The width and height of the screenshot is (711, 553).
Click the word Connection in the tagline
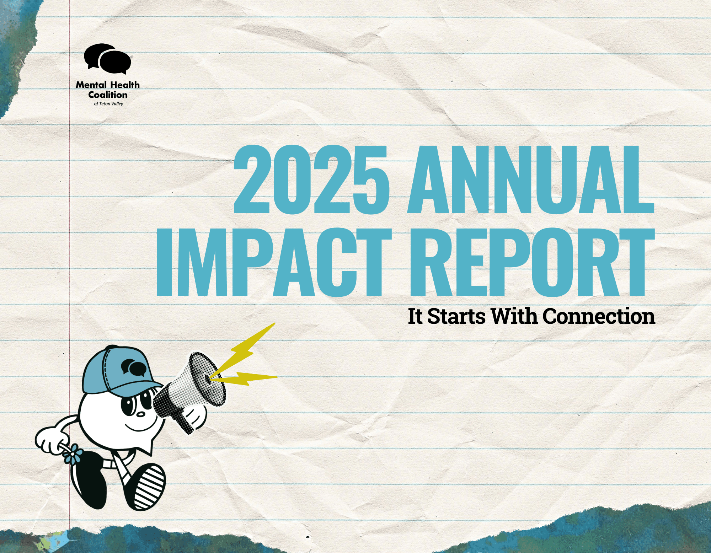tap(599, 316)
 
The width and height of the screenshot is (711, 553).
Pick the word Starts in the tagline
tap(456, 316)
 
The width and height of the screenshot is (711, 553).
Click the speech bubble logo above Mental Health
tap(108, 59)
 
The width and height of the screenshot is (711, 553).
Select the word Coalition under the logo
tap(108, 95)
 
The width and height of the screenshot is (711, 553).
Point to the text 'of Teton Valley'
tap(108, 104)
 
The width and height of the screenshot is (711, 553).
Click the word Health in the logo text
tap(125, 85)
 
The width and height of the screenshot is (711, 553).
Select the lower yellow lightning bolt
tap(245, 378)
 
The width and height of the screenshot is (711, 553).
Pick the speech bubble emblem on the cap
tap(134, 368)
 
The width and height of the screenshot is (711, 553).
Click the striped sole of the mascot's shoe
tap(149, 487)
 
